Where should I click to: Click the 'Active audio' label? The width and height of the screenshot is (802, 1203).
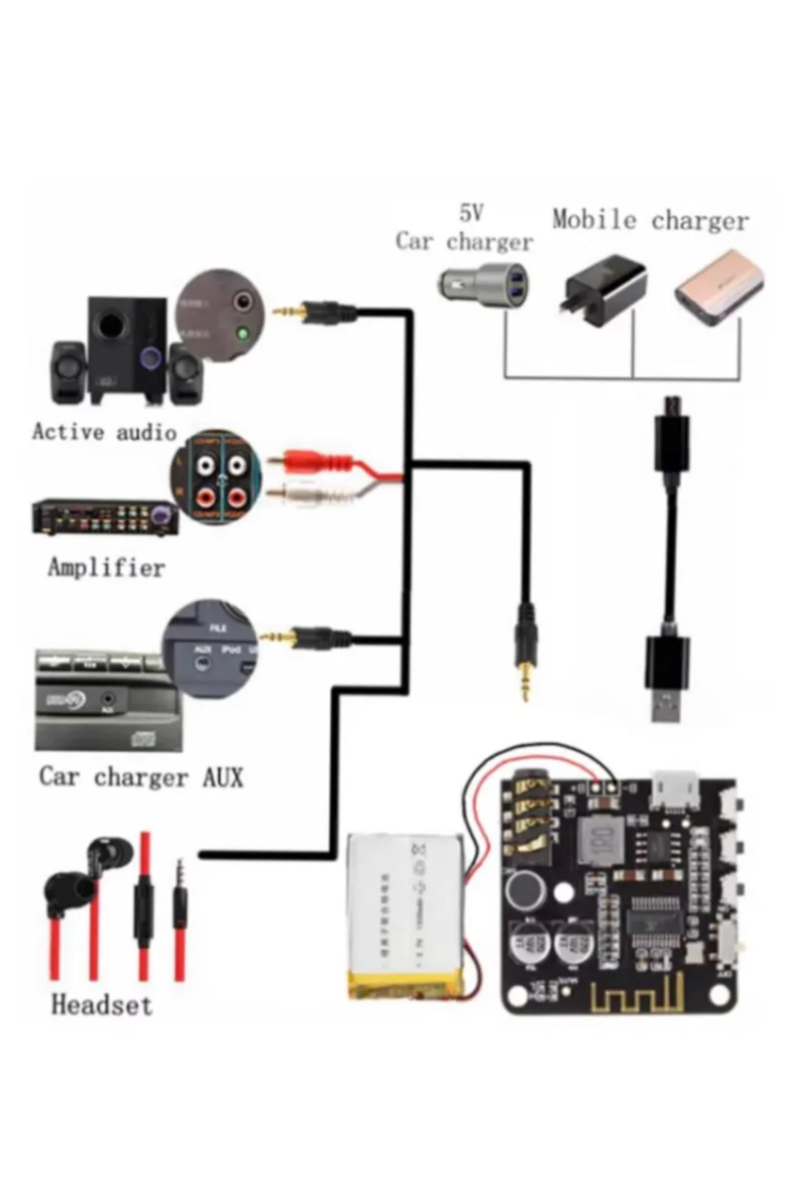(x=104, y=432)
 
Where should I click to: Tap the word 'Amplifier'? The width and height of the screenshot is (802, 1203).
(x=106, y=567)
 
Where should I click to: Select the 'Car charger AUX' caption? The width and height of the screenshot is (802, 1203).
(x=141, y=777)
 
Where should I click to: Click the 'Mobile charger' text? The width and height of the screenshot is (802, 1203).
(x=650, y=220)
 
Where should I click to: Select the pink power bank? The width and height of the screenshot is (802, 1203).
(x=718, y=287)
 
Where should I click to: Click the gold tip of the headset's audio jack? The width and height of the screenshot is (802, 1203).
(x=179, y=869)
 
